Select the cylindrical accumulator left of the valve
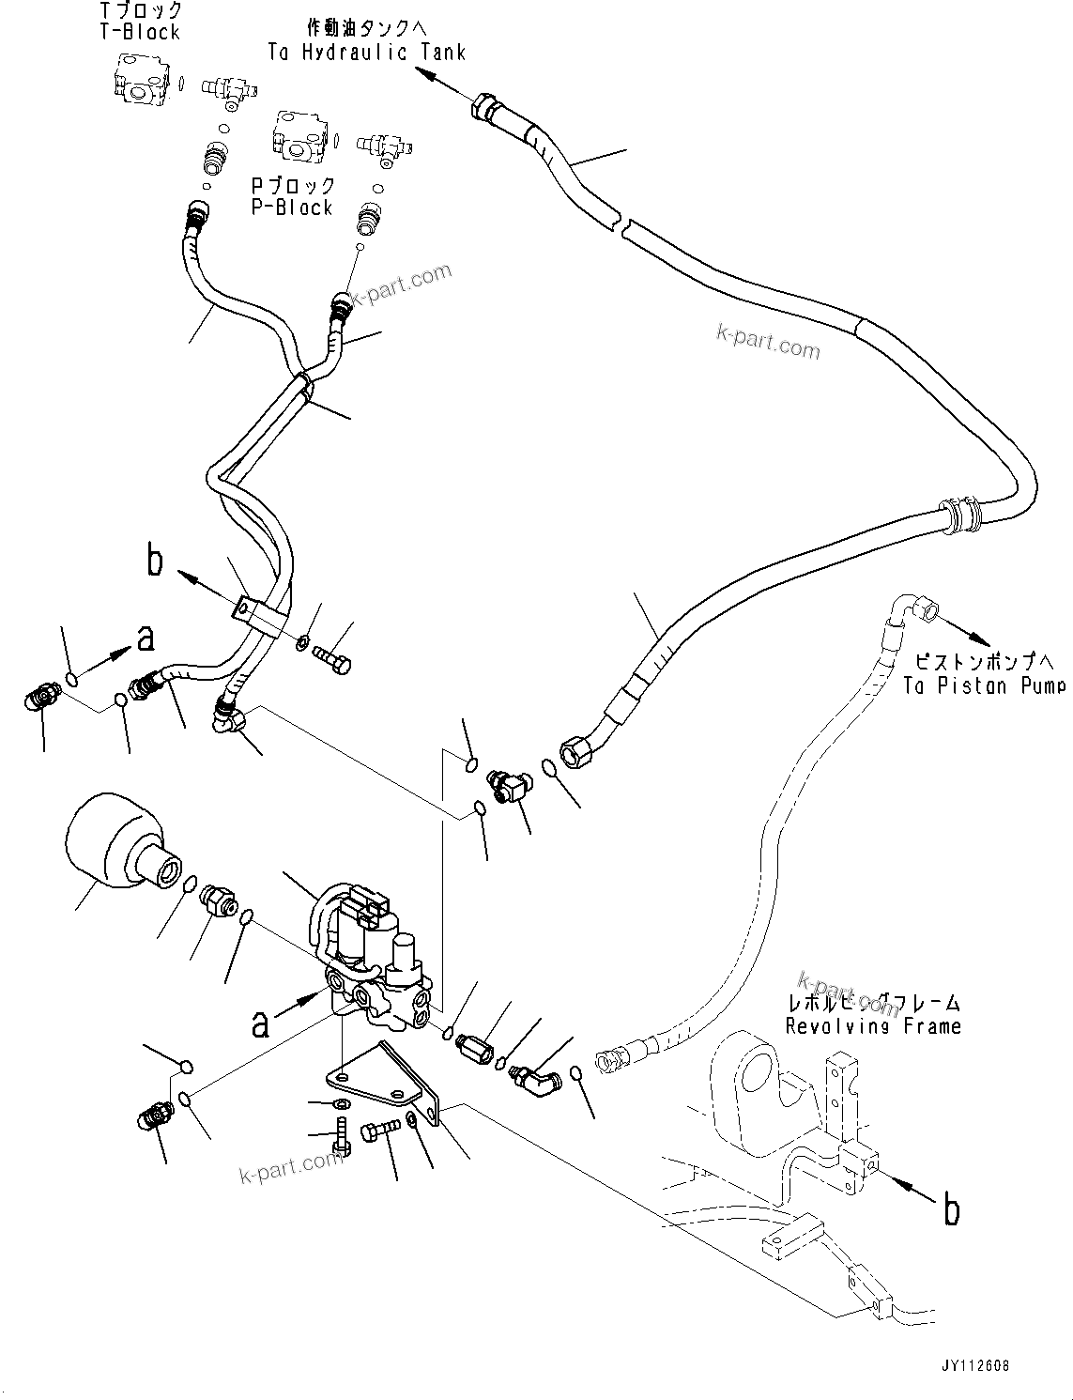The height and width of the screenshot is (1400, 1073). point(115,840)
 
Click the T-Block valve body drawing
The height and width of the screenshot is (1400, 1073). point(139,77)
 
